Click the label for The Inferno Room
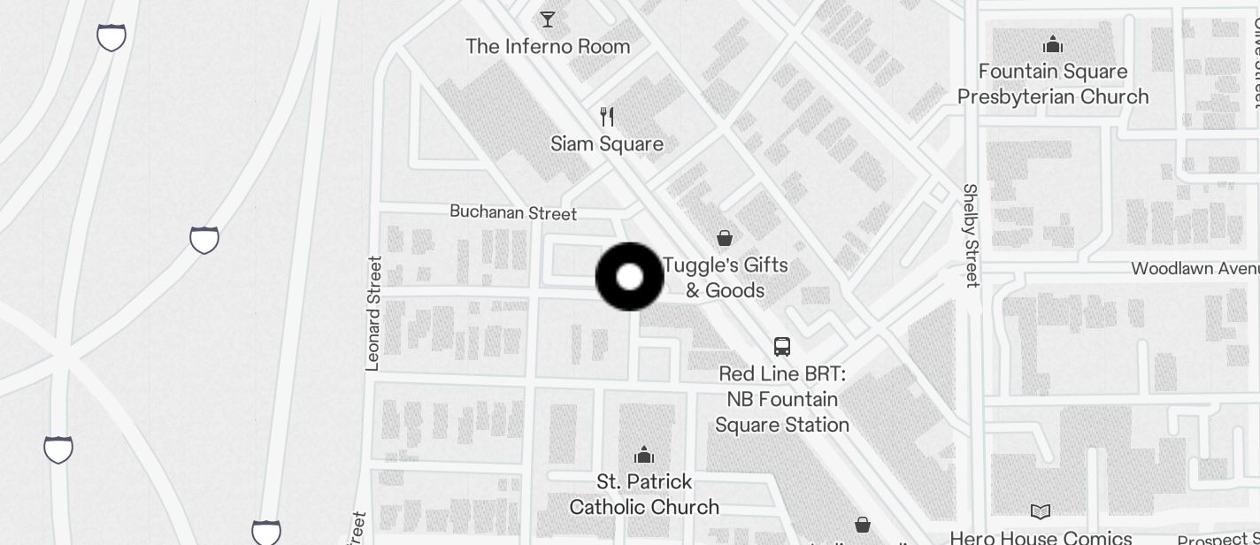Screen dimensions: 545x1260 pyautogui.click(x=548, y=46)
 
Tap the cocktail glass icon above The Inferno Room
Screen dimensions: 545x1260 pyautogui.click(x=548, y=19)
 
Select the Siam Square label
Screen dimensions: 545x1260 pyautogui.click(x=607, y=143)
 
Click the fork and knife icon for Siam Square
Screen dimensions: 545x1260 pyautogui.click(x=607, y=116)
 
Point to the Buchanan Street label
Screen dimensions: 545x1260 pyautogui.click(x=513, y=212)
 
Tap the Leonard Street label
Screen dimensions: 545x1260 pyautogui.click(x=373, y=313)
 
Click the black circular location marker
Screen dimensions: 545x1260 pyautogui.click(x=629, y=277)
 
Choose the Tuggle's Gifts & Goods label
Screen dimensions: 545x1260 pyautogui.click(x=725, y=278)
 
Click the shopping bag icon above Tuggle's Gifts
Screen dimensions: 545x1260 pyautogui.click(x=725, y=237)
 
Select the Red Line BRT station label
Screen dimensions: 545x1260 pyautogui.click(x=782, y=399)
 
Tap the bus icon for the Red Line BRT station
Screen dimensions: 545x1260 pyautogui.click(x=782, y=346)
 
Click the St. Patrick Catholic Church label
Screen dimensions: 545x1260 pyautogui.click(x=644, y=494)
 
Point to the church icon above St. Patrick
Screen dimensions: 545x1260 pyautogui.click(x=644, y=455)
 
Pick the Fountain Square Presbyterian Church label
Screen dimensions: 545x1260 pyautogui.click(x=1053, y=84)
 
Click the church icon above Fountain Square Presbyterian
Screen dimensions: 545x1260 pyautogui.click(x=1053, y=43)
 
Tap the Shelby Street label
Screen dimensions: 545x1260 pyautogui.click(x=971, y=235)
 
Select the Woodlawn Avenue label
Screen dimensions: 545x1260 pyautogui.click(x=1195, y=268)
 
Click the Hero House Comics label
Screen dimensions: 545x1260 pyautogui.click(x=1041, y=536)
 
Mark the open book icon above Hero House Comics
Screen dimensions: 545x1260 pyautogui.click(x=1041, y=511)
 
